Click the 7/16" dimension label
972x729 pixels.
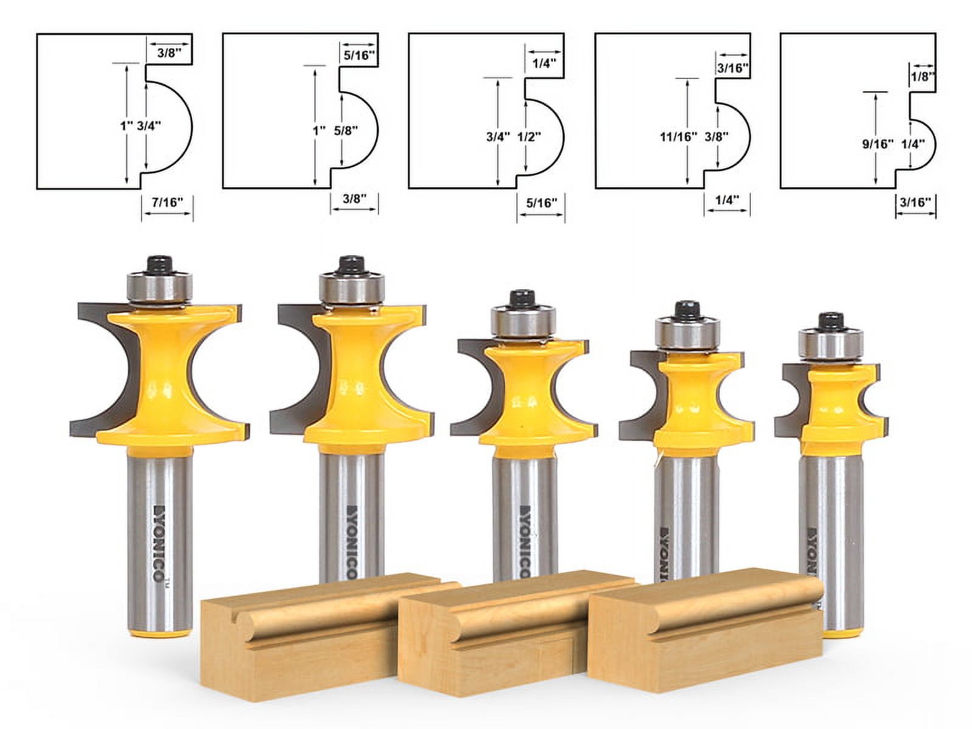(168, 202)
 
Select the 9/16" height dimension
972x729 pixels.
(878, 144)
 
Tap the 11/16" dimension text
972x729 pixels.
(678, 137)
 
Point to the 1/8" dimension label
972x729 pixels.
(922, 77)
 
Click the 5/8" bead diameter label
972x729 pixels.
(346, 130)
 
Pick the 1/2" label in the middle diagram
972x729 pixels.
(529, 137)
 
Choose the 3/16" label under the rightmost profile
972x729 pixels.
(915, 202)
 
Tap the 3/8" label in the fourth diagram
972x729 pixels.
(717, 137)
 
